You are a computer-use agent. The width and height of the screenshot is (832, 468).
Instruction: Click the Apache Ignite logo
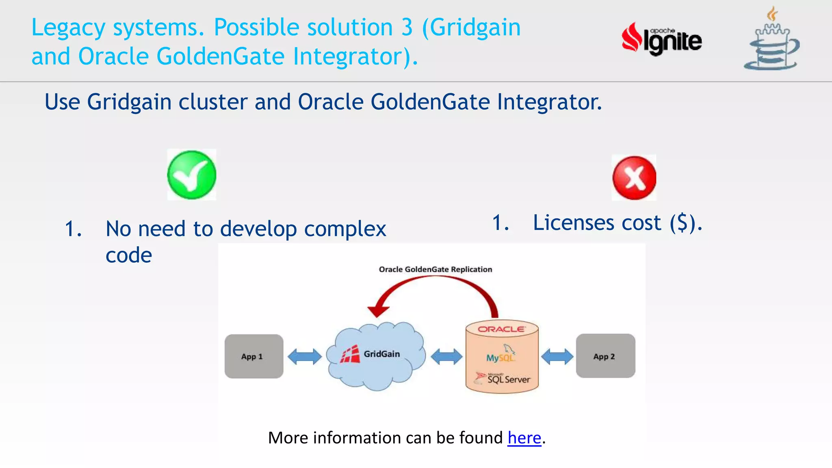[661, 39]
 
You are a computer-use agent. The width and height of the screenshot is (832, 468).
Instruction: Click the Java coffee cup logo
[771, 41]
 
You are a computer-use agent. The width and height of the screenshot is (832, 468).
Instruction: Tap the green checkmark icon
[192, 175]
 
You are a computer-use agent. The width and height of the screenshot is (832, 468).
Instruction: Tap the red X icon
[634, 178]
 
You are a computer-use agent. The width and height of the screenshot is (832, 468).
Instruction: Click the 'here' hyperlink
[524, 438]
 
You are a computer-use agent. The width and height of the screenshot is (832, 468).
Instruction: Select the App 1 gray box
[254, 356]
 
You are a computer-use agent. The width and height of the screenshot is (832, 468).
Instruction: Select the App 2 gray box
[605, 356]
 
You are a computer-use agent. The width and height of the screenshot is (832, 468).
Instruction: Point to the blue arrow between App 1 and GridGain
[305, 357]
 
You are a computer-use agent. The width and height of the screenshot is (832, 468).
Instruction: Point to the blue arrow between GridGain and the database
[446, 357]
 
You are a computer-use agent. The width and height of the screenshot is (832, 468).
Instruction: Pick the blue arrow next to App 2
[557, 357]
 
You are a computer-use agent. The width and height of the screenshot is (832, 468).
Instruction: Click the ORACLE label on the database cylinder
[501, 329]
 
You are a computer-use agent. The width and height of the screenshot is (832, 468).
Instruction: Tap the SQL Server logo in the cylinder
[504, 379]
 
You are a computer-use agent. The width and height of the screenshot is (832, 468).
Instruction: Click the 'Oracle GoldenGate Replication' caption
[435, 269]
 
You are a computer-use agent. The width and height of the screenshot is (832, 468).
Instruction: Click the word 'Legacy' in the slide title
[68, 28]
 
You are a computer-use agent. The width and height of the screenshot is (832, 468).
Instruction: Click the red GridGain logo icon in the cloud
[350, 354]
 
